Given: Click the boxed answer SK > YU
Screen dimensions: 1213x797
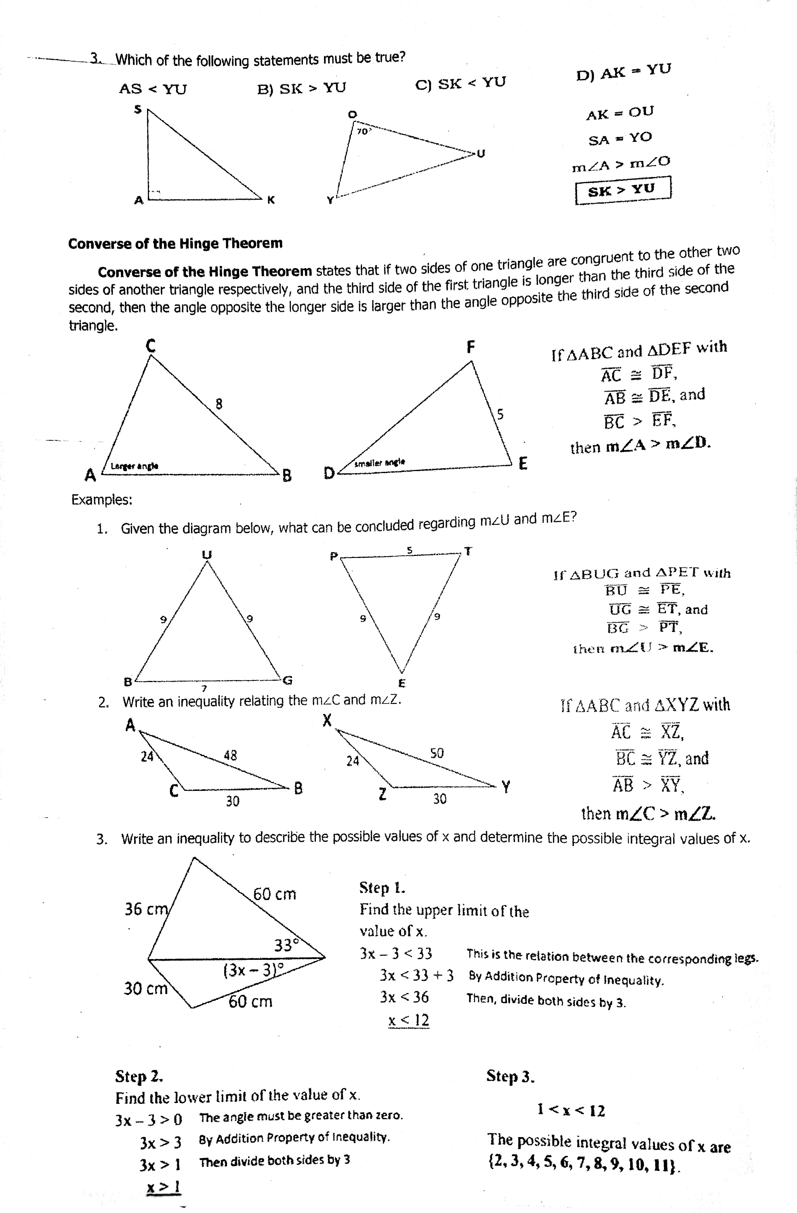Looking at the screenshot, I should [x=622, y=190].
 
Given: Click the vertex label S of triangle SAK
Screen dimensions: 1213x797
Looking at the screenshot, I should [x=137, y=109].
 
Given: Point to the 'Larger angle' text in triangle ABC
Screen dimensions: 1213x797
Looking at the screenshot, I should [x=135, y=466].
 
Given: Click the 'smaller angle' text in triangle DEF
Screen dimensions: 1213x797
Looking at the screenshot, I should [x=379, y=462].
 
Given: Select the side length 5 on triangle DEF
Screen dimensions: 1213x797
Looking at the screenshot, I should [x=500, y=414].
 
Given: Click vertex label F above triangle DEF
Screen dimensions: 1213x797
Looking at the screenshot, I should [x=471, y=348].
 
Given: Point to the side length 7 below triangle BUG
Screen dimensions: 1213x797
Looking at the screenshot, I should [x=204, y=689].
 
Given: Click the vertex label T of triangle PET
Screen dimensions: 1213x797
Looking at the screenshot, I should [x=468, y=552].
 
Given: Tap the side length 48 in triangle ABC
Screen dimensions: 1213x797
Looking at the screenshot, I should [x=230, y=755].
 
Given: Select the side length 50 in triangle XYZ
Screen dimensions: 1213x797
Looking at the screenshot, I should [x=437, y=753].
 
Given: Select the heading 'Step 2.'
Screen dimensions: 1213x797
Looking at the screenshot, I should [x=139, y=1076].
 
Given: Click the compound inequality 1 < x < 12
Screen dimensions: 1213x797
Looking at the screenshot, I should [x=571, y=1110].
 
